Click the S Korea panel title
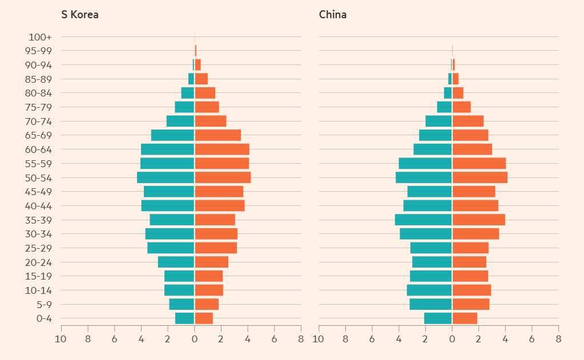(80, 15)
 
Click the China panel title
(333, 15)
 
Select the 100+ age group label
(40, 37)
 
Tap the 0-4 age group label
(44, 319)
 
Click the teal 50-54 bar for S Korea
(166, 177)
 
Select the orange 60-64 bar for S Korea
(222, 149)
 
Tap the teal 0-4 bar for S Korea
(184, 318)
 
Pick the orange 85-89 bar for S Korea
(202, 79)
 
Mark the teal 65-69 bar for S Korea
(172, 135)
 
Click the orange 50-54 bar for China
(480, 177)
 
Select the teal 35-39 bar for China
(423, 220)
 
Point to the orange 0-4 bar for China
(465, 318)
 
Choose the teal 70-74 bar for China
(438, 121)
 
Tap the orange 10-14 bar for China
(472, 290)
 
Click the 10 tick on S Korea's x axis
(61, 339)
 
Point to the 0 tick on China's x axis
(452, 339)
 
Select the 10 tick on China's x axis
(319, 339)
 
